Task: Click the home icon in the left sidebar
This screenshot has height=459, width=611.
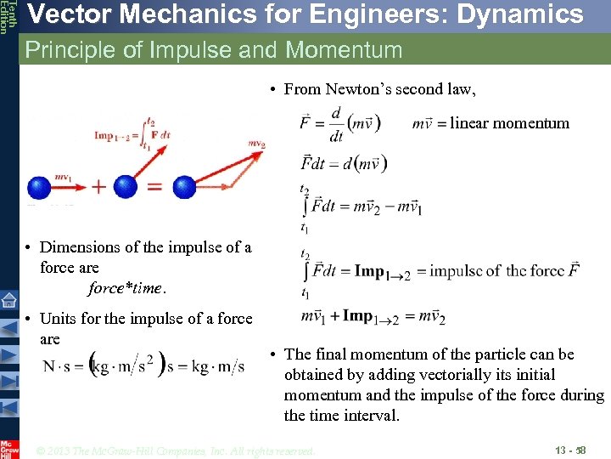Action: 9,299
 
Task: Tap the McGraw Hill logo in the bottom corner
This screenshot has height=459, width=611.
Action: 9,448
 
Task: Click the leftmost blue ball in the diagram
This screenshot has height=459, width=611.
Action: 39,188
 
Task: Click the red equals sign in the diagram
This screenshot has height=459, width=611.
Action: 154,187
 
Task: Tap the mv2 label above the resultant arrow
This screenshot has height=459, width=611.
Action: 256,144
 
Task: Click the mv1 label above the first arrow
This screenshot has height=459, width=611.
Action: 62,176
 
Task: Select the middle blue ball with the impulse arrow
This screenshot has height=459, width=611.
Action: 125,187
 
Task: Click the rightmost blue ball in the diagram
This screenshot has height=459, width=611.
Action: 184,187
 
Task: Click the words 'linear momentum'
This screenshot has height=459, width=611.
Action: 509,123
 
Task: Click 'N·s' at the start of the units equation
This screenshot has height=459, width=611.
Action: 58,366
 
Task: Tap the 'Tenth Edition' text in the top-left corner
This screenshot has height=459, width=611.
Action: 7,17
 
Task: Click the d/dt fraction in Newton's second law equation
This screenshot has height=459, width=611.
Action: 336,124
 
